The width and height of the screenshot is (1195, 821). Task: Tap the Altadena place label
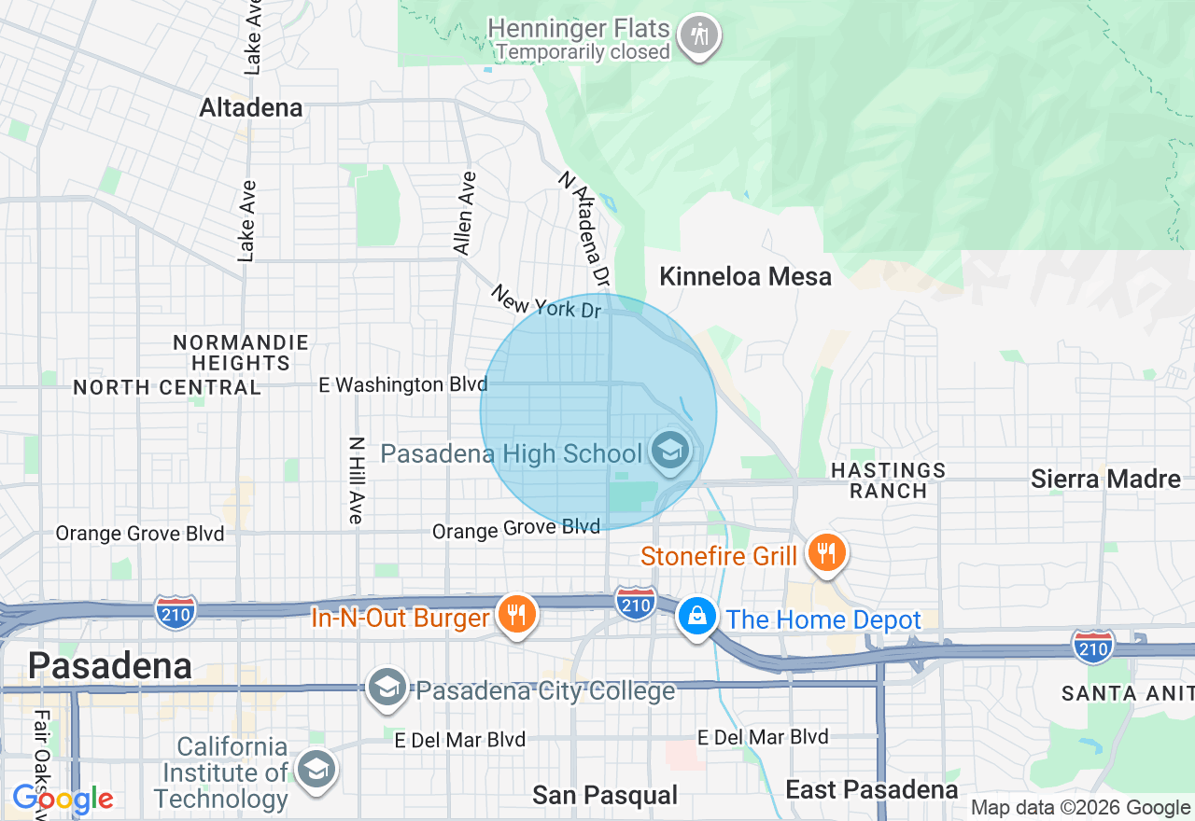pyautogui.click(x=251, y=108)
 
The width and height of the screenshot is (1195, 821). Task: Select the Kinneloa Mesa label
pyautogui.click(x=745, y=276)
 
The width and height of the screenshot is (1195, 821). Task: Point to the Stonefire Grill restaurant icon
pyautogui.click(x=825, y=553)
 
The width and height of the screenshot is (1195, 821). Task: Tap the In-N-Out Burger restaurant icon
pyautogui.click(x=514, y=614)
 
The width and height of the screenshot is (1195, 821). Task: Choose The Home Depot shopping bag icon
pyautogui.click(x=696, y=617)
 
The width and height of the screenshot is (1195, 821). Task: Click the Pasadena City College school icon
pyautogui.click(x=386, y=689)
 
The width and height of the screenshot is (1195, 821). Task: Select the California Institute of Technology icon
pyautogui.click(x=316, y=770)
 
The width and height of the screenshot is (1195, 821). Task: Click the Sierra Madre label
pyautogui.click(x=1105, y=479)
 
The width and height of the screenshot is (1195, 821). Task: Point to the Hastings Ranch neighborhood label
pyautogui.click(x=888, y=480)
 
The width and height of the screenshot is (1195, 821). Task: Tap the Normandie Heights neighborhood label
pyautogui.click(x=240, y=352)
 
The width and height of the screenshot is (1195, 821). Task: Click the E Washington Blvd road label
pyautogui.click(x=403, y=384)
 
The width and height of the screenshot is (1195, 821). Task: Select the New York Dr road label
pyautogui.click(x=547, y=302)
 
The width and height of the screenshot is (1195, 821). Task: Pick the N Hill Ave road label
pyautogui.click(x=356, y=480)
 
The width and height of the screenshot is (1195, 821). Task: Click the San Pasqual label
pyautogui.click(x=605, y=795)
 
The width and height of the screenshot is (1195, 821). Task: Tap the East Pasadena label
pyautogui.click(x=871, y=790)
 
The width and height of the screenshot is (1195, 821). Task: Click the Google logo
pyautogui.click(x=63, y=800)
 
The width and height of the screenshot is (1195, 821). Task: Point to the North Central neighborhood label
pyautogui.click(x=167, y=387)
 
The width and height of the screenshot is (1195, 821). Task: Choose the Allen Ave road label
pyautogui.click(x=464, y=213)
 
